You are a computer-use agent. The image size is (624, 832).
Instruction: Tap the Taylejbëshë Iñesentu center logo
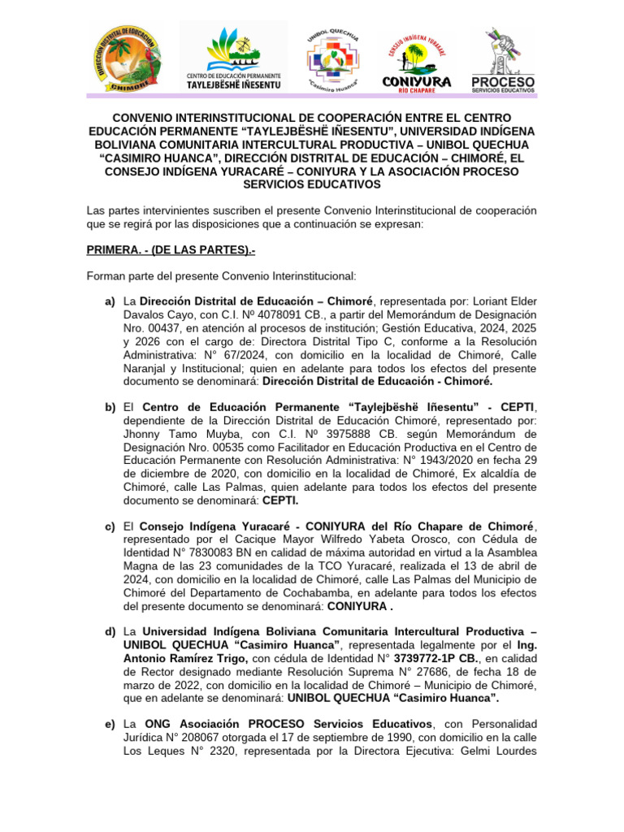point(233,58)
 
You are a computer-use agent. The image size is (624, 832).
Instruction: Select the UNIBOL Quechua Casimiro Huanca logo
point(334,58)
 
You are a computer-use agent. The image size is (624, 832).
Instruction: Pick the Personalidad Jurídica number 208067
point(197,736)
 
